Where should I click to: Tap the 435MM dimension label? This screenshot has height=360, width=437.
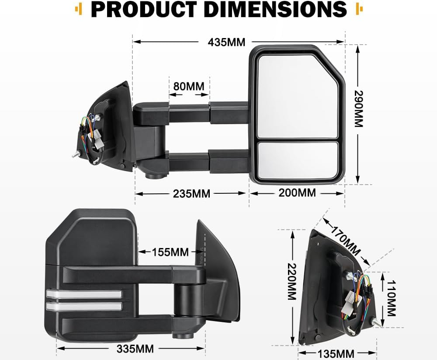click(227, 42)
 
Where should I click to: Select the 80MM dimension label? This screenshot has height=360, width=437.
click(189, 86)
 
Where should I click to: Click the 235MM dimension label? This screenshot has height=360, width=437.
click(191, 193)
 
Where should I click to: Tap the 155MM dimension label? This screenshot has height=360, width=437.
click(170, 252)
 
